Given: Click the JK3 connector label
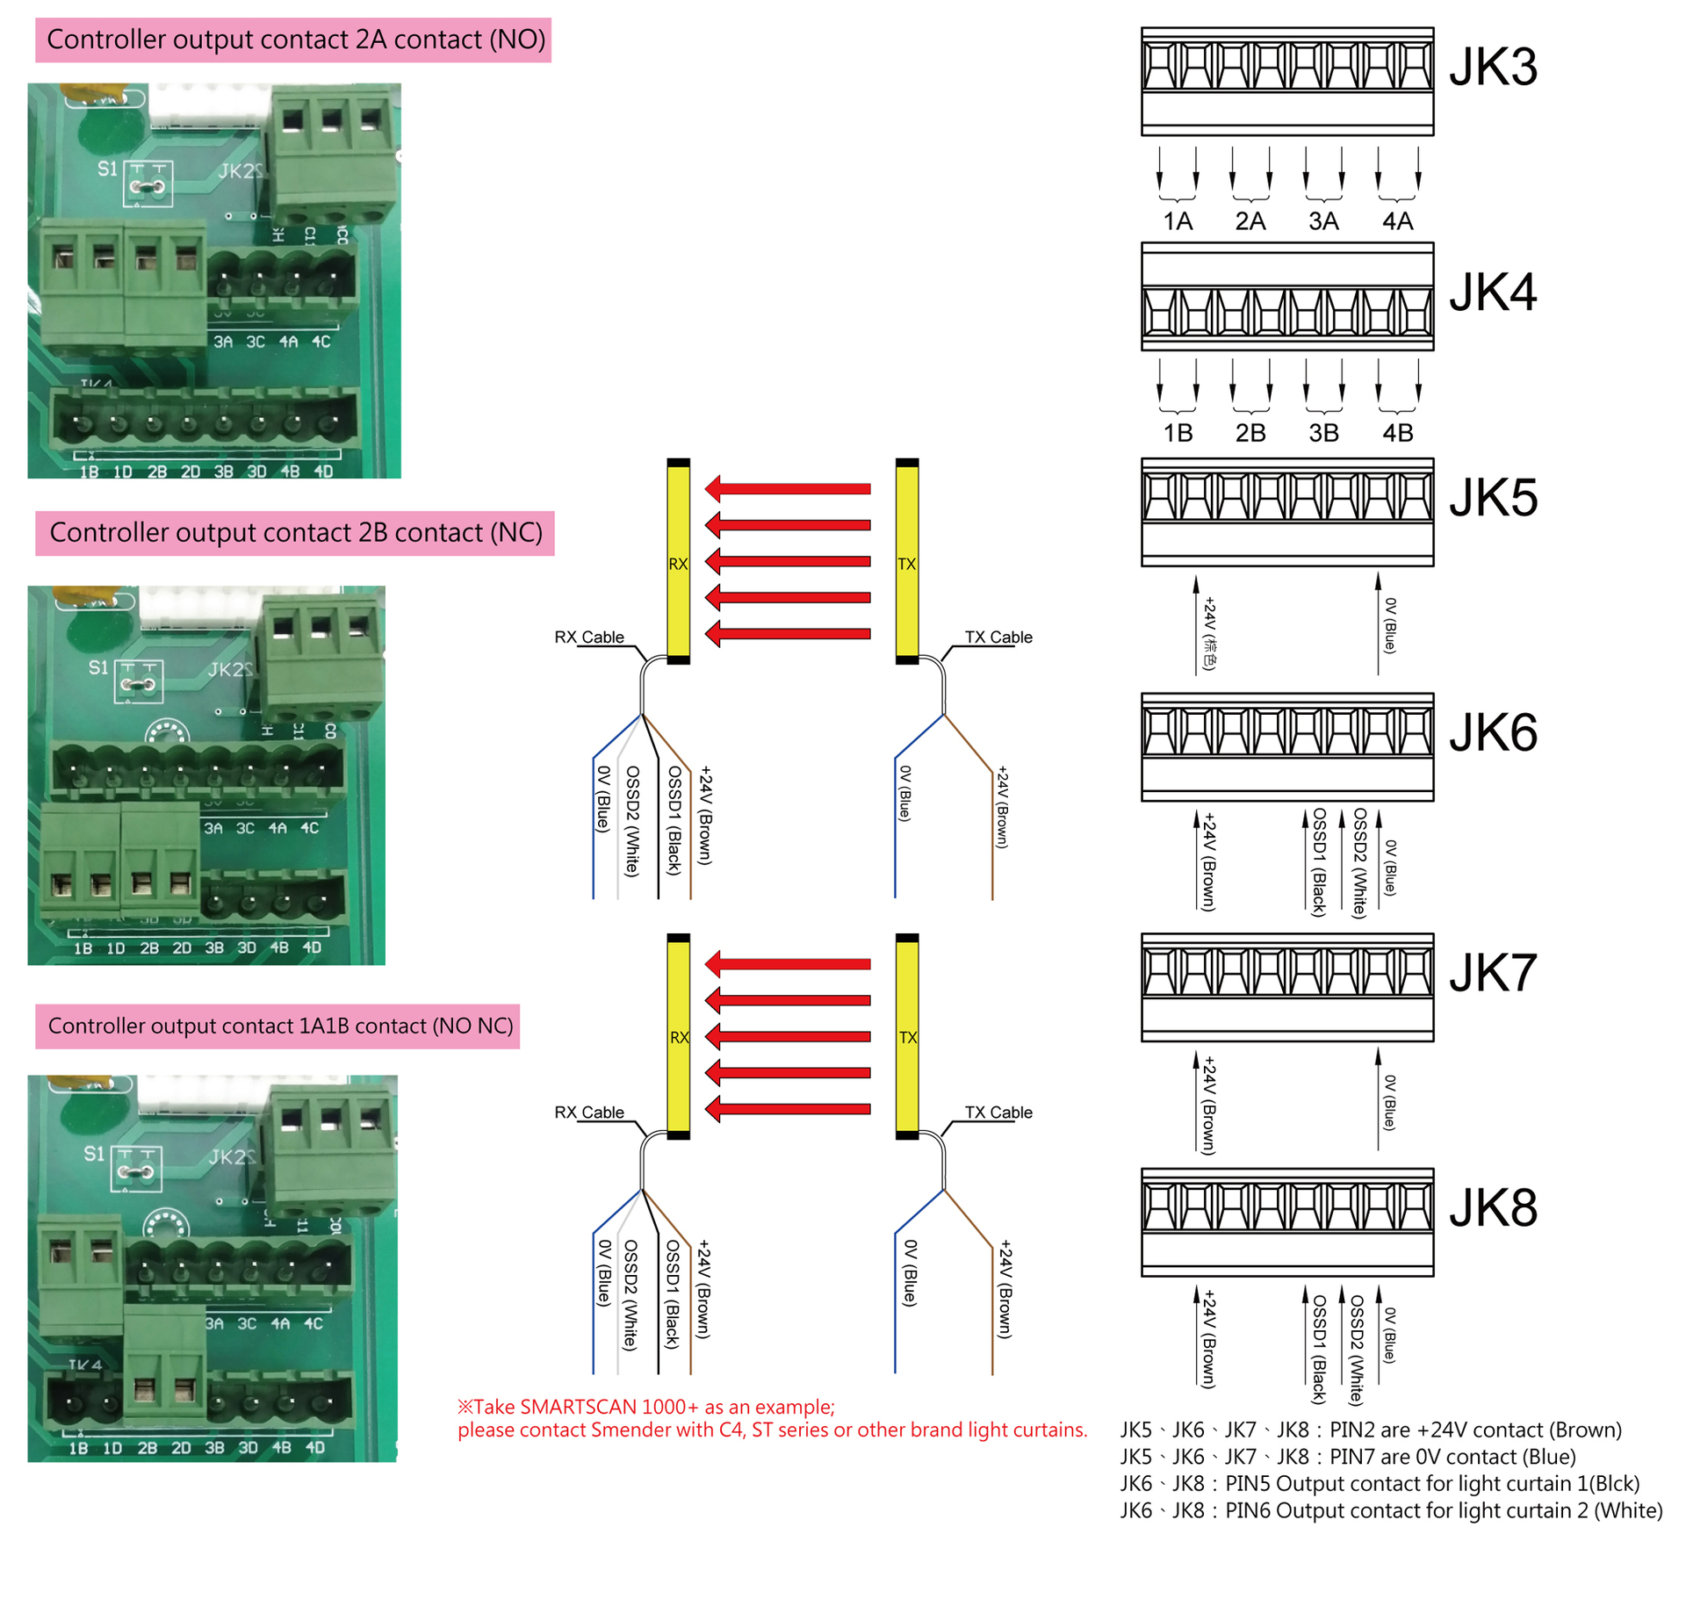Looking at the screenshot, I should coord(1492,67).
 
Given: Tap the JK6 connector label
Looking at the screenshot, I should coord(1492,732).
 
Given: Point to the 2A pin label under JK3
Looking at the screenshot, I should coord(1250,221).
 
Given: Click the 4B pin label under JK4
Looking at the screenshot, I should coord(1397,433).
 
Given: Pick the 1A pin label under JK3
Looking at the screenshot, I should coord(1177,221).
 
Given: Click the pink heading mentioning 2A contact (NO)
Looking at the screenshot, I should coord(293,40).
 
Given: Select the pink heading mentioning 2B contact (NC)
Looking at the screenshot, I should coord(295,532).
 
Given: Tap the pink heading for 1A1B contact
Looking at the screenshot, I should coord(277,1026).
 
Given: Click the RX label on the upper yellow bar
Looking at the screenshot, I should coord(678,564).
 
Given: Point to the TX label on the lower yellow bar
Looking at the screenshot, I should coord(907,1037).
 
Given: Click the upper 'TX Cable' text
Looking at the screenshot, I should coord(998,637).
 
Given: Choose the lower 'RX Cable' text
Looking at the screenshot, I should coord(589,1112).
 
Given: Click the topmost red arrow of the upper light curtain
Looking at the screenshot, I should coord(788,488).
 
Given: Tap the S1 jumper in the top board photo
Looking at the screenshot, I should coord(147,185).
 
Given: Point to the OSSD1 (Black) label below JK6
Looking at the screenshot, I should coord(1317,862).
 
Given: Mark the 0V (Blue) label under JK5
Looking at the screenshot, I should coord(1389,625).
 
